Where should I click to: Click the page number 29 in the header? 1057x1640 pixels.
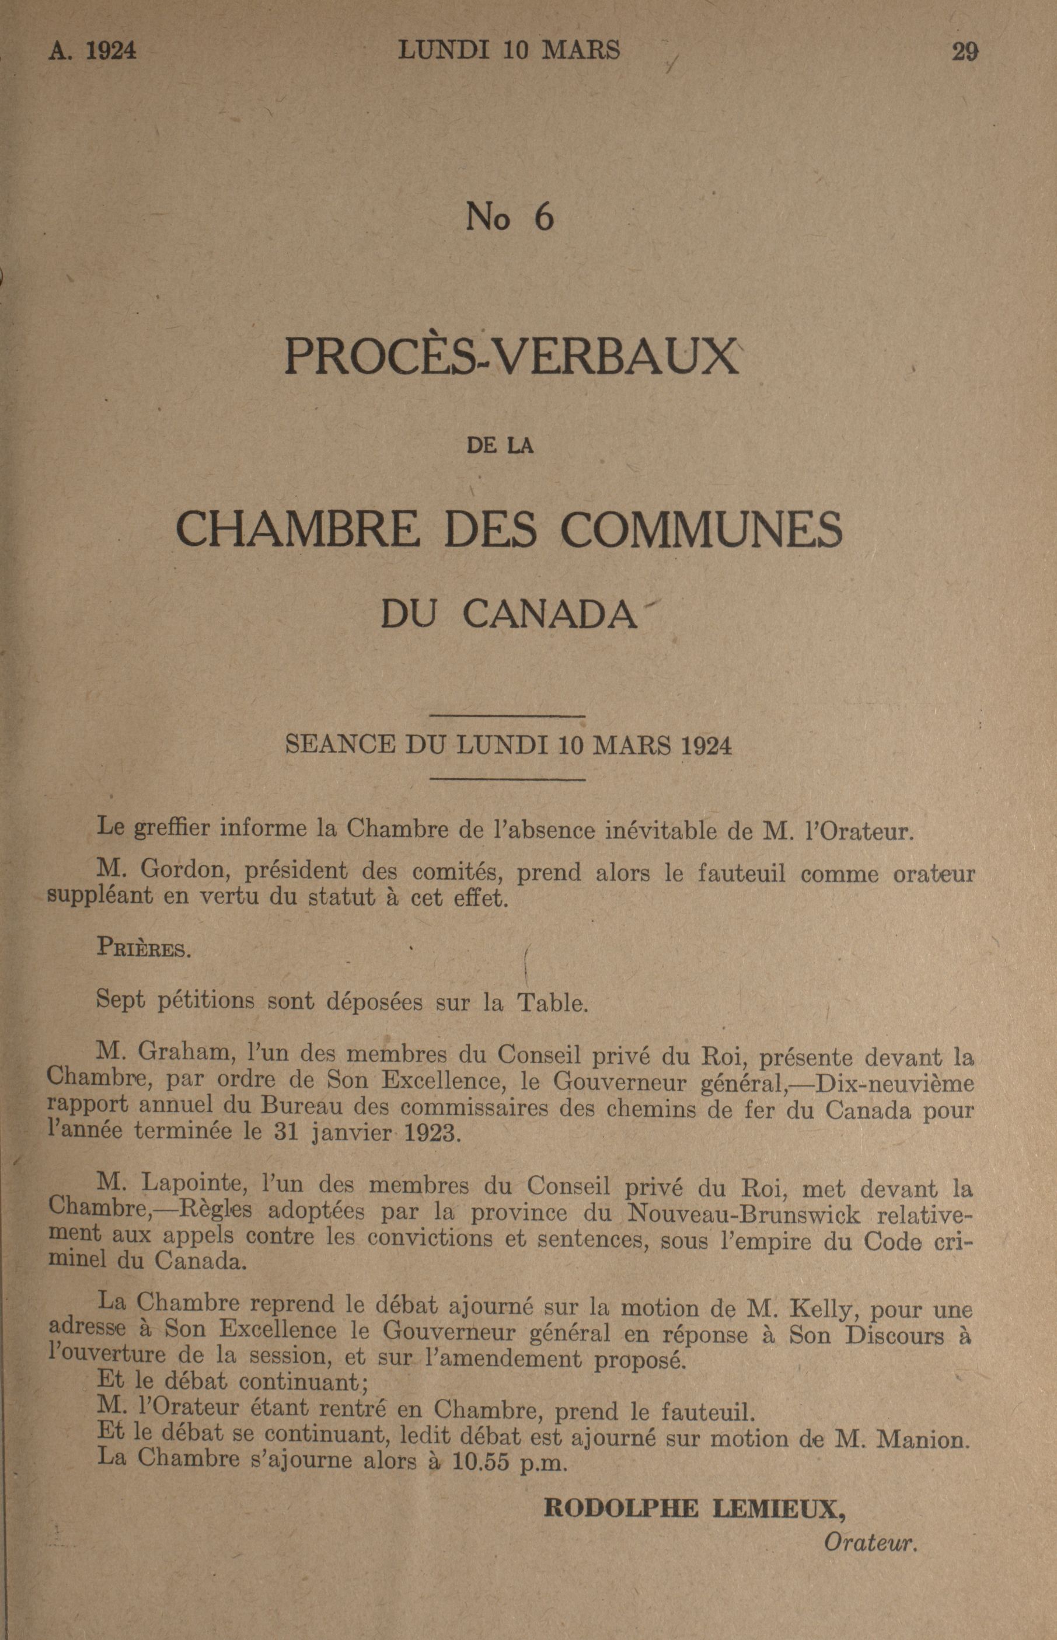pyautogui.click(x=964, y=51)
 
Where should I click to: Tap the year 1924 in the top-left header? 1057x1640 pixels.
pyautogui.click(x=111, y=51)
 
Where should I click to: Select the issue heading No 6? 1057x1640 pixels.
pyautogui.click(x=510, y=218)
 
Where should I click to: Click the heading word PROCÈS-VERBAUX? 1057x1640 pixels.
pyautogui.click(x=512, y=356)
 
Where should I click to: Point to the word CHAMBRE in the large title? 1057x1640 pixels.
pyautogui.click(x=297, y=530)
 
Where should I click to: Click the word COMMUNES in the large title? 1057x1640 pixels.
pyautogui.click(x=702, y=530)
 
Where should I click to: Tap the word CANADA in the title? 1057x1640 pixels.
pyautogui.click(x=550, y=615)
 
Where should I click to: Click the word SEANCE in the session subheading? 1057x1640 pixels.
pyautogui.click(x=340, y=745)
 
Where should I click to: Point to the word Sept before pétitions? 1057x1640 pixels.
pyautogui.click(x=121, y=1000)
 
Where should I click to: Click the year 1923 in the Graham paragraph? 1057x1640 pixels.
pyautogui.click(x=430, y=1132)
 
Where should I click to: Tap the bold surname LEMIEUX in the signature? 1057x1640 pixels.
pyautogui.click(x=777, y=1507)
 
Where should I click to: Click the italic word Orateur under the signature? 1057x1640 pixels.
pyautogui.click(x=870, y=1544)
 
